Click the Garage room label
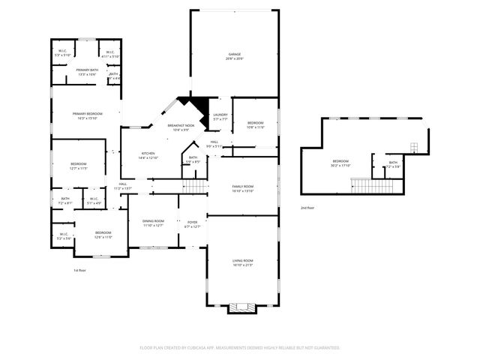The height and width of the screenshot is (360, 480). coord(234,57)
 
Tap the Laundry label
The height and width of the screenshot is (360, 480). coord(220,117)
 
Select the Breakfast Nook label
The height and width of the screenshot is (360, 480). coord(181,127)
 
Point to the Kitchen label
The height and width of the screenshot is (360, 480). coord(148,156)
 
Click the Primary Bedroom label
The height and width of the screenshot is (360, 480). coord(87,115)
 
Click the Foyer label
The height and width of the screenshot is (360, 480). coord(192,223)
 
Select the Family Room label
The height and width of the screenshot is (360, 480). coord(242,189)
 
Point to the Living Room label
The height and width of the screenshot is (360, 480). coord(242,262)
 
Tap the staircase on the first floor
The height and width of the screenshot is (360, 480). coord(194,185)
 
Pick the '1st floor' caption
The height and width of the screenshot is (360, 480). coord(80,270)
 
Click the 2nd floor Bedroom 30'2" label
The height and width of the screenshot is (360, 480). coord(340,163)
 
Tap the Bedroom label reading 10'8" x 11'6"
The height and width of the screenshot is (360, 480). coord(256,124)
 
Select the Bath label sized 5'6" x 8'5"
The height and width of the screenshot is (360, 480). coord(193,160)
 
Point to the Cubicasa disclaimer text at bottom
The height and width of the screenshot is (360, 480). coord(240,348)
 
